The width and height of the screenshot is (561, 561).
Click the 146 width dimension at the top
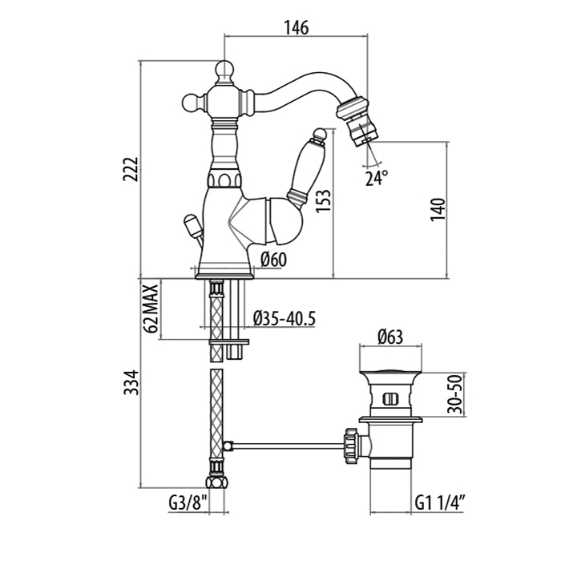[x=295, y=27]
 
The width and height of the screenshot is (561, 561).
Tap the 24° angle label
[x=377, y=177]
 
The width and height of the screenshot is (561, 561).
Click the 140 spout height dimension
[x=437, y=208]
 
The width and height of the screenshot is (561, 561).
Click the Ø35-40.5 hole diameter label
[x=284, y=318]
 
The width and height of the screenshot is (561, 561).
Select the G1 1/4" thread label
[x=442, y=504]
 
